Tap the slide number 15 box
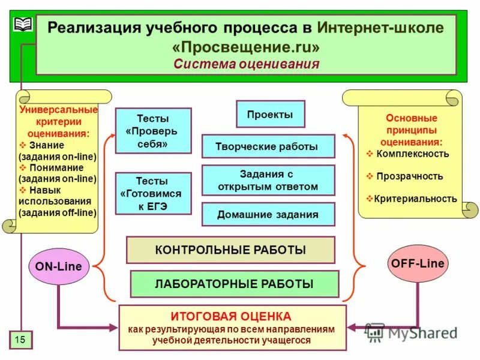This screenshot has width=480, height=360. pyautogui.click(x=20, y=340)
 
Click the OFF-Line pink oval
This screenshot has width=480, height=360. pyautogui.click(x=418, y=263)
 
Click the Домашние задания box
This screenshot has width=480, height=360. pyautogui.click(x=268, y=214)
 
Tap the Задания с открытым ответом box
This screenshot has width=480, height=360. pyautogui.click(x=268, y=180)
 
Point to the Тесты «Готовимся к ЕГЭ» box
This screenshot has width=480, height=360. pyautogui.click(x=152, y=193)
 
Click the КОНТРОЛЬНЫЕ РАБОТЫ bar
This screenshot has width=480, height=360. pyautogui.click(x=230, y=250)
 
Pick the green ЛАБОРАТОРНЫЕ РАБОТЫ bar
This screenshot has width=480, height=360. pyautogui.click(x=234, y=284)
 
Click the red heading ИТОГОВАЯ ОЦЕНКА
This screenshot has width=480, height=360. pyautogui.click(x=231, y=316)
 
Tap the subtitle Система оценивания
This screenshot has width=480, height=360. pyautogui.click(x=247, y=64)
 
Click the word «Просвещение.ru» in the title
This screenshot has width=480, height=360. pyautogui.click(x=246, y=46)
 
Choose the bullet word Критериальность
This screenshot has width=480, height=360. pyautogui.click(x=415, y=199)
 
